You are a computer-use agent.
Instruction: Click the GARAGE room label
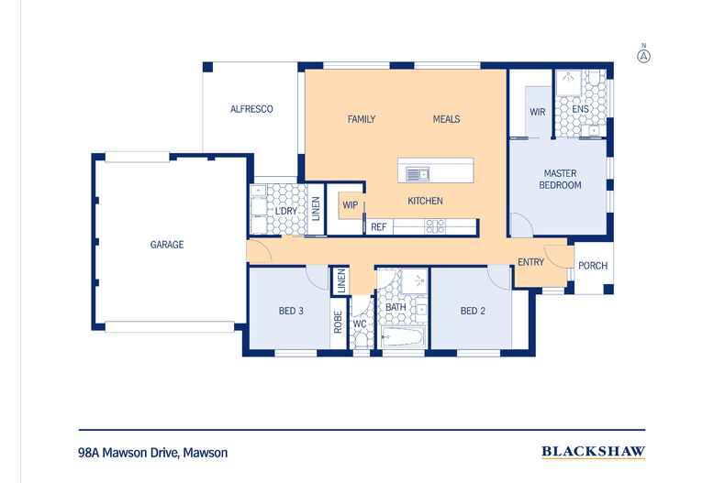167,245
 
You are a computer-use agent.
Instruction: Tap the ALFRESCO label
251,109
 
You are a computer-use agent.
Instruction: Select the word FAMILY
363,119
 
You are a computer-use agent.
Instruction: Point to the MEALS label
446,119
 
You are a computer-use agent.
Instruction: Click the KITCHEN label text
425,201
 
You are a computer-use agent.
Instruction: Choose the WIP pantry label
350,205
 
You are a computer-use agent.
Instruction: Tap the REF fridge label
378,225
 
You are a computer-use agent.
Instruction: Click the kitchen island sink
418,172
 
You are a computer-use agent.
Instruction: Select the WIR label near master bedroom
538,112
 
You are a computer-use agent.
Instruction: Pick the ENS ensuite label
580,110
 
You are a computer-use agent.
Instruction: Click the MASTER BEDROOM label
563,179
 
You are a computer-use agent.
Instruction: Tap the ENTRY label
530,262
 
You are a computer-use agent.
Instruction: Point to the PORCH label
592,267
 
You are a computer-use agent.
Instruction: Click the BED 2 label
474,311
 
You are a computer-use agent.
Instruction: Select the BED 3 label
291,311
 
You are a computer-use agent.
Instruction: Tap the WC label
360,324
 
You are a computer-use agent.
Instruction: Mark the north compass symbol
643,55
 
